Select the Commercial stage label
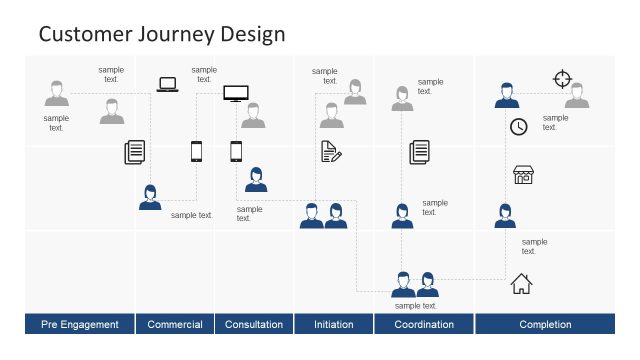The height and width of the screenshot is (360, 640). [x=175, y=324]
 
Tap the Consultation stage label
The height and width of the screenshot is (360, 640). [x=254, y=324]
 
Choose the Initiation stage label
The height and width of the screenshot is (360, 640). [x=333, y=324]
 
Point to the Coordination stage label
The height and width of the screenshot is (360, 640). [x=424, y=324]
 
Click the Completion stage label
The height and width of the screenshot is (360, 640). [x=545, y=324]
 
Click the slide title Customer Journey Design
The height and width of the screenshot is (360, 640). [x=161, y=34]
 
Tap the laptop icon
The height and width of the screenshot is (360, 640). [x=167, y=85]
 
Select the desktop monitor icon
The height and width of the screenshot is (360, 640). [x=236, y=94]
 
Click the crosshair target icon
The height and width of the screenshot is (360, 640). [x=562, y=79]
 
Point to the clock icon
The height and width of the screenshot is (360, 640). [x=518, y=127]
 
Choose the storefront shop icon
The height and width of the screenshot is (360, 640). [x=523, y=175]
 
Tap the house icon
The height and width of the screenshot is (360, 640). [x=521, y=284]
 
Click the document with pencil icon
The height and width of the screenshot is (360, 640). [x=331, y=151]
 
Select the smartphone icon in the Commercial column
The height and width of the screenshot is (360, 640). [x=196, y=151]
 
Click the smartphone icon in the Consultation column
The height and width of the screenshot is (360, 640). [x=236, y=151]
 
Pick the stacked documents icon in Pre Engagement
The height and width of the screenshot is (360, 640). [x=135, y=152]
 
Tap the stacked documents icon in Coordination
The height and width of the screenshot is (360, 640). [x=419, y=152]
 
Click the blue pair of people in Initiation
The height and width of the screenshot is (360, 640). [x=323, y=215]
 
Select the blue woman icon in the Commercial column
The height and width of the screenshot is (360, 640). [x=150, y=197]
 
